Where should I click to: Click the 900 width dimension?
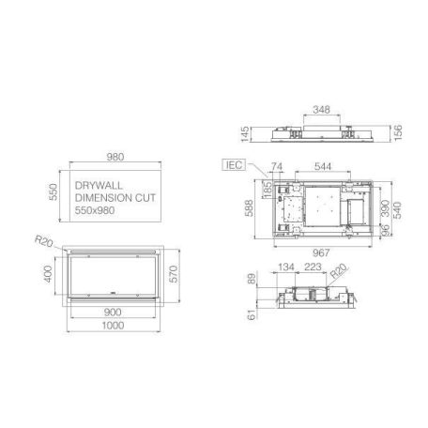(114, 312)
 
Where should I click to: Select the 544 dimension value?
(321, 166)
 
